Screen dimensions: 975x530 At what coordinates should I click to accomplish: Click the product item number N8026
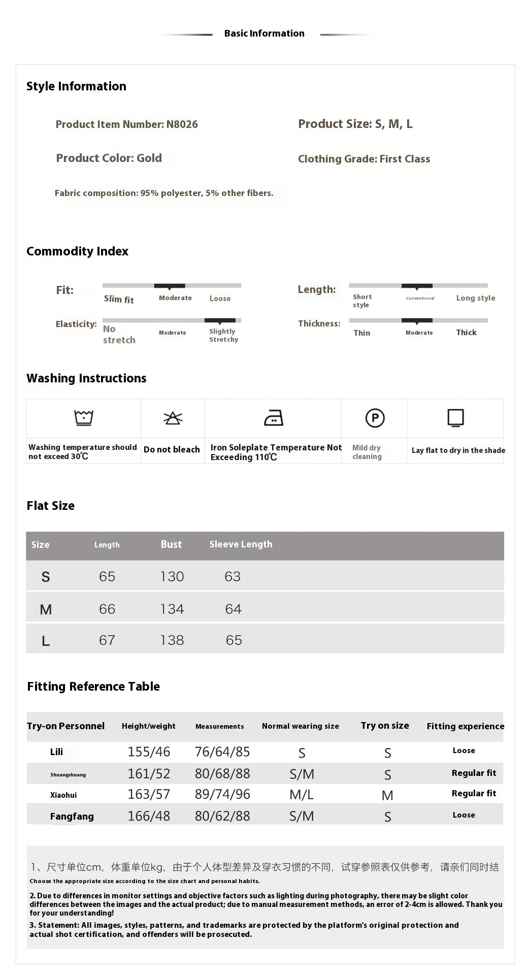182,124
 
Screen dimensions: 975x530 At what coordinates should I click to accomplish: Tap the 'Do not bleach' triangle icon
173,418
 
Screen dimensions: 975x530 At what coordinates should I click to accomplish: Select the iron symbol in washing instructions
274,418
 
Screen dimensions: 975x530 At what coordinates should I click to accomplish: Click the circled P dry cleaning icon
375,418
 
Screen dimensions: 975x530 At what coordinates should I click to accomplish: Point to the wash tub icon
83,417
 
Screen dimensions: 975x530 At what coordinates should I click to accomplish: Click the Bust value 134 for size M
172,609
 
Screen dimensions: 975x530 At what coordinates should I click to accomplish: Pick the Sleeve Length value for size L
234,640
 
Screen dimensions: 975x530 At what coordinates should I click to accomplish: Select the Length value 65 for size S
107,576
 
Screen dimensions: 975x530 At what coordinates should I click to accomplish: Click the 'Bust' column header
171,544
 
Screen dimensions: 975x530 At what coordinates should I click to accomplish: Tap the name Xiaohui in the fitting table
63,795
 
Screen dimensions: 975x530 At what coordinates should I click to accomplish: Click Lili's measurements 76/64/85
222,752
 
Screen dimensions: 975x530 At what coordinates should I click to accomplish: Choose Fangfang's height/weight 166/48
149,816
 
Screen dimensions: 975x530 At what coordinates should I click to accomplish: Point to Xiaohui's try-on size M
387,796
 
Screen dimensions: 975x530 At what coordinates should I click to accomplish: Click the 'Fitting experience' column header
465,726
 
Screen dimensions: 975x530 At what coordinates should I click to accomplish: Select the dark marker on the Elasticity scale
220,321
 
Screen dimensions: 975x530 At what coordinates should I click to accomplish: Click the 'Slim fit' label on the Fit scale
119,299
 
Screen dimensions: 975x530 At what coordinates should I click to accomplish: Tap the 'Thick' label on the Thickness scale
466,333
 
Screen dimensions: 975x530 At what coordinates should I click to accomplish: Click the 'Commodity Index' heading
77,251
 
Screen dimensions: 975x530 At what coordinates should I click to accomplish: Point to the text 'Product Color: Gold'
109,158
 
